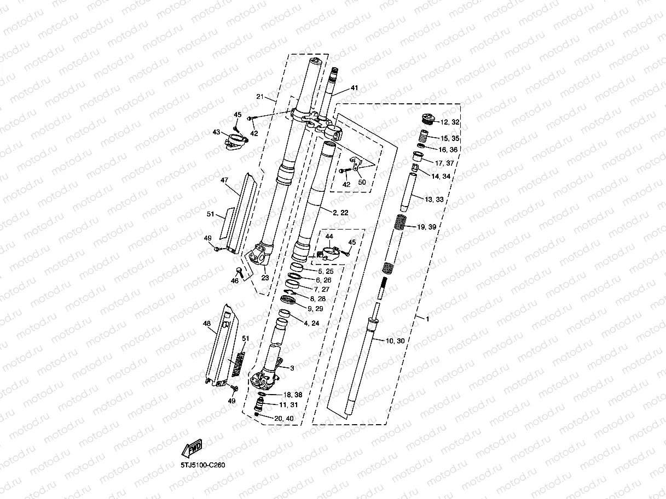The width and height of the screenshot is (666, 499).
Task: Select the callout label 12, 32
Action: [450, 122]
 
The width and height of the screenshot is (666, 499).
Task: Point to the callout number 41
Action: [354, 88]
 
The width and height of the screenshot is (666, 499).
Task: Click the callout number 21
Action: [259, 97]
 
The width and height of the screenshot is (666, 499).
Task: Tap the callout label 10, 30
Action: [395, 341]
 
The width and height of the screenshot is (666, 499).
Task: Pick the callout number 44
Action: [329, 236]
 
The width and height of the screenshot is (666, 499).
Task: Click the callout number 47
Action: [224, 180]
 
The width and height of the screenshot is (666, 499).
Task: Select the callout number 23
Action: [264, 278]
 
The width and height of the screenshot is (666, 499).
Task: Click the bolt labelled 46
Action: [239, 271]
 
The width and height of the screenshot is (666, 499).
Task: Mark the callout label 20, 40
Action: [283, 419]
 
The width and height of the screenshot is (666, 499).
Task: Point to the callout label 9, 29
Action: [316, 308]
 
